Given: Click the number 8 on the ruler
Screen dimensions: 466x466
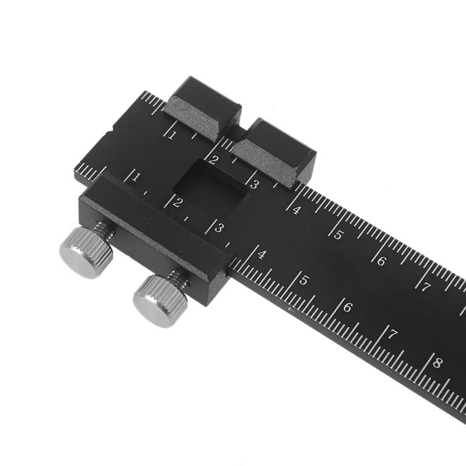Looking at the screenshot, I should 437,362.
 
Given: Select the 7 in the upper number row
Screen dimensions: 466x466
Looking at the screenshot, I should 426,287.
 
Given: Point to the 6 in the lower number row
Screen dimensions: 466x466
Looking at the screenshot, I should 348,306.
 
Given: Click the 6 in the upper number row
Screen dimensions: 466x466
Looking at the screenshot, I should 381,261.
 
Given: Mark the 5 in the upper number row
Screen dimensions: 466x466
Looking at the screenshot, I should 338,235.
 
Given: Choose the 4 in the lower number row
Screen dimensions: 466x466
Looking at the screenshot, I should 262,254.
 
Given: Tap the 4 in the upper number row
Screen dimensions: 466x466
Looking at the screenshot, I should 296,210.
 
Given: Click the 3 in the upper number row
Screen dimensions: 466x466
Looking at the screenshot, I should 254,185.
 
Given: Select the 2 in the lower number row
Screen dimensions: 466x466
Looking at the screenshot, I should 177,202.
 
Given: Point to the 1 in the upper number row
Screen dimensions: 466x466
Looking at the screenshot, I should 171,135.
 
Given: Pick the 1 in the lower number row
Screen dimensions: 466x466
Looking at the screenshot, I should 135,176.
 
